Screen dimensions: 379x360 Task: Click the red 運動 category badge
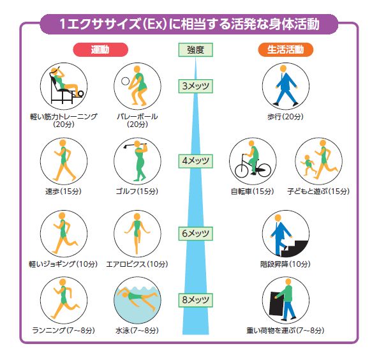coord(100,50)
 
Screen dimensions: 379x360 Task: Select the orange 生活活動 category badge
coord(285,50)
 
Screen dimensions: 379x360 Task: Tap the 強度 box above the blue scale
coord(195,50)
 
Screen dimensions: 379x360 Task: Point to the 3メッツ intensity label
coord(195,86)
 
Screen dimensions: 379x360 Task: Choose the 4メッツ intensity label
coord(195,161)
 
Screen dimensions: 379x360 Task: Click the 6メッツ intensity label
coord(195,234)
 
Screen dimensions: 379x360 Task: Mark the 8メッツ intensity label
coord(195,300)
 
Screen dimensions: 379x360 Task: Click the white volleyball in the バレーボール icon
coord(125,81)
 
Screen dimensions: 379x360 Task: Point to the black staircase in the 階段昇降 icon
coord(294,248)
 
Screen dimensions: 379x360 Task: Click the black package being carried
coord(277,303)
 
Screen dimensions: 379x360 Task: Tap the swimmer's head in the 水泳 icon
coord(125,295)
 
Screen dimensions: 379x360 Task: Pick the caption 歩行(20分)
coord(285,117)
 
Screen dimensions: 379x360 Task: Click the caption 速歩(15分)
coord(64,191)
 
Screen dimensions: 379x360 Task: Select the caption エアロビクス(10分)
coord(137,264)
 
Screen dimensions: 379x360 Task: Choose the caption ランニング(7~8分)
coord(64,331)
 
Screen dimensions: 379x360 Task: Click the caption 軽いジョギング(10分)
coord(63,264)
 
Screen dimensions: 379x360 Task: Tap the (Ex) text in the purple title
coord(155,24)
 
